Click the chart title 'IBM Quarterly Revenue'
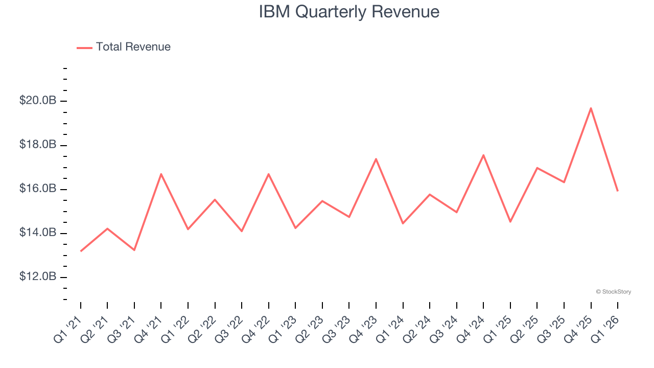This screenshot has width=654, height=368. point(349,11)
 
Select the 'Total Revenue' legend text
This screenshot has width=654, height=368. point(133,47)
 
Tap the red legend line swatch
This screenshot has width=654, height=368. point(84,48)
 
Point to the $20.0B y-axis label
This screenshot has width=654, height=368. point(38,101)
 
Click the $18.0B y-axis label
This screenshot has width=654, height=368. point(38,145)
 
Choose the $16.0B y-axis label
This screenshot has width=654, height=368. point(38,189)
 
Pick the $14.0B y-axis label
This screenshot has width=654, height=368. point(38,233)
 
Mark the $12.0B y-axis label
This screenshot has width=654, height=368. point(38,277)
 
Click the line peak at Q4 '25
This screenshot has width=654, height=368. point(591,108)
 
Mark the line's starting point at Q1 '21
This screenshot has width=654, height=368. point(81,251)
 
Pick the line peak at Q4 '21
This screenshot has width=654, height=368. point(161,174)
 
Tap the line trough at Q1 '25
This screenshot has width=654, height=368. point(510,222)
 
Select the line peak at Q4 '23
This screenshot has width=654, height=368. point(376,158)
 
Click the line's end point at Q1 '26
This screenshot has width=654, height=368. point(618,191)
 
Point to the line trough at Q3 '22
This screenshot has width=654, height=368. point(242,232)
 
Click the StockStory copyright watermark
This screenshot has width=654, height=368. point(613,292)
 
